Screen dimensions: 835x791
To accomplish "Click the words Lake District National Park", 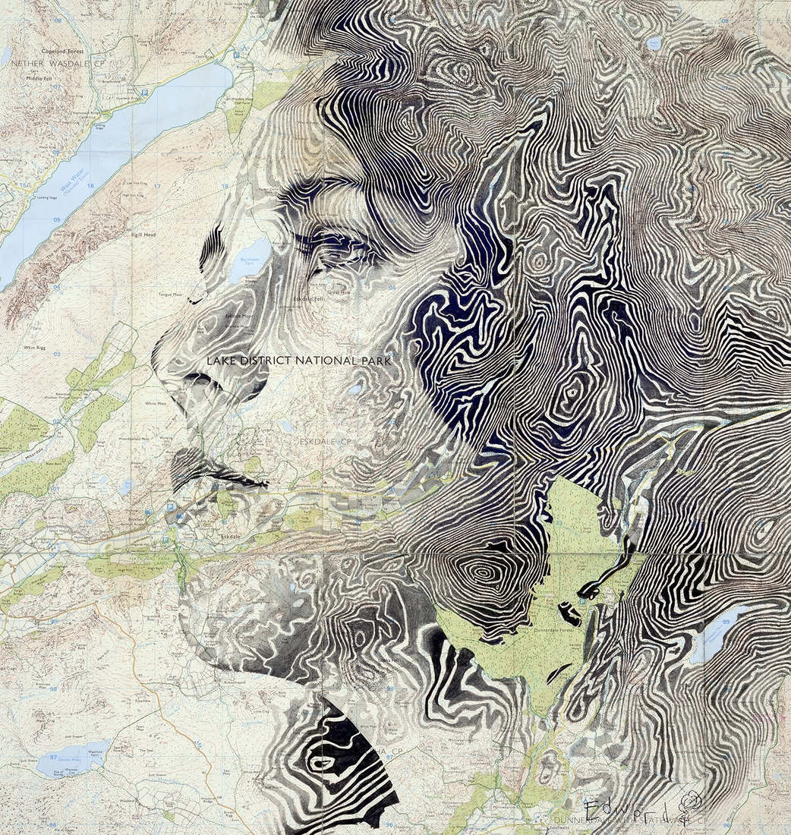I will click(299, 361).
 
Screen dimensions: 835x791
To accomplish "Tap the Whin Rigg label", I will click(36, 347).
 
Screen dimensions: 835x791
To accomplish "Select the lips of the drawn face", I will click(190, 463).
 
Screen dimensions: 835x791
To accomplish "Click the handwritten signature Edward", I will click(631, 806).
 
